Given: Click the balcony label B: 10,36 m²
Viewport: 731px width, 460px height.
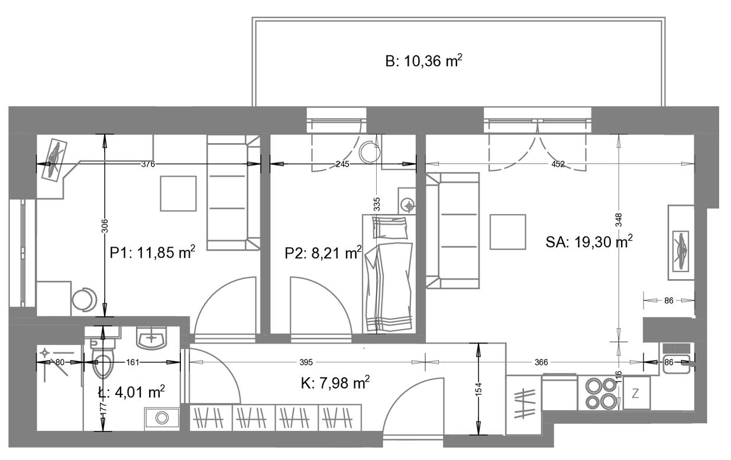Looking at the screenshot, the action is click(x=423, y=61).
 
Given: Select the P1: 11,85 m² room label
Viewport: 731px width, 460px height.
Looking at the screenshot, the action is click(x=153, y=252).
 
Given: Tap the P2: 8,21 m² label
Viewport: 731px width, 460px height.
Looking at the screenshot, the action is click(x=323, y=253).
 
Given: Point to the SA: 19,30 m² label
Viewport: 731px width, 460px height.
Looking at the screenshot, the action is click(x=589, y=242).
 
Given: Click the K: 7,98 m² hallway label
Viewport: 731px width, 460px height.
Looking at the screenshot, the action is click(x=335, y=383).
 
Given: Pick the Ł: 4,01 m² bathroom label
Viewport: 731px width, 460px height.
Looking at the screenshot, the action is click(x=131, y=392).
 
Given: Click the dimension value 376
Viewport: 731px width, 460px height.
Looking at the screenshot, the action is click(x=148, y=164).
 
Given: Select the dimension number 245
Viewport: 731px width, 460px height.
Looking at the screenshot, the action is click(x=342, y=164).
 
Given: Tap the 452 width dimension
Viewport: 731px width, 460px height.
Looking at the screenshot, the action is click(x=558, y=164).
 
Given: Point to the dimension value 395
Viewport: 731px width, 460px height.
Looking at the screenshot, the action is click(x=306, y=362).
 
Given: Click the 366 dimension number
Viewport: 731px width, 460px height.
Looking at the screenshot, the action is click(x=541, y=362).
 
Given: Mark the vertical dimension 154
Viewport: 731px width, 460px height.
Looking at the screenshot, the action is click(x=478, y=390).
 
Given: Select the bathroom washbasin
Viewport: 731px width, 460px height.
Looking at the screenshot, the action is click(x=152, y=338).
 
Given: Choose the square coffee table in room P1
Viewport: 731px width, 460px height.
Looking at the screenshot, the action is click(x=178, y=193).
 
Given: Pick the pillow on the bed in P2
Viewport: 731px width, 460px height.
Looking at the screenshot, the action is click(x=390, y=228).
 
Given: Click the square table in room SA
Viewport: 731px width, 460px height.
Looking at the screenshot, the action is click(x=508, y=232).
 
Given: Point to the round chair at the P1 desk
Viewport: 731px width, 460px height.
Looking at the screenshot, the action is click(x=85, y=300).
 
